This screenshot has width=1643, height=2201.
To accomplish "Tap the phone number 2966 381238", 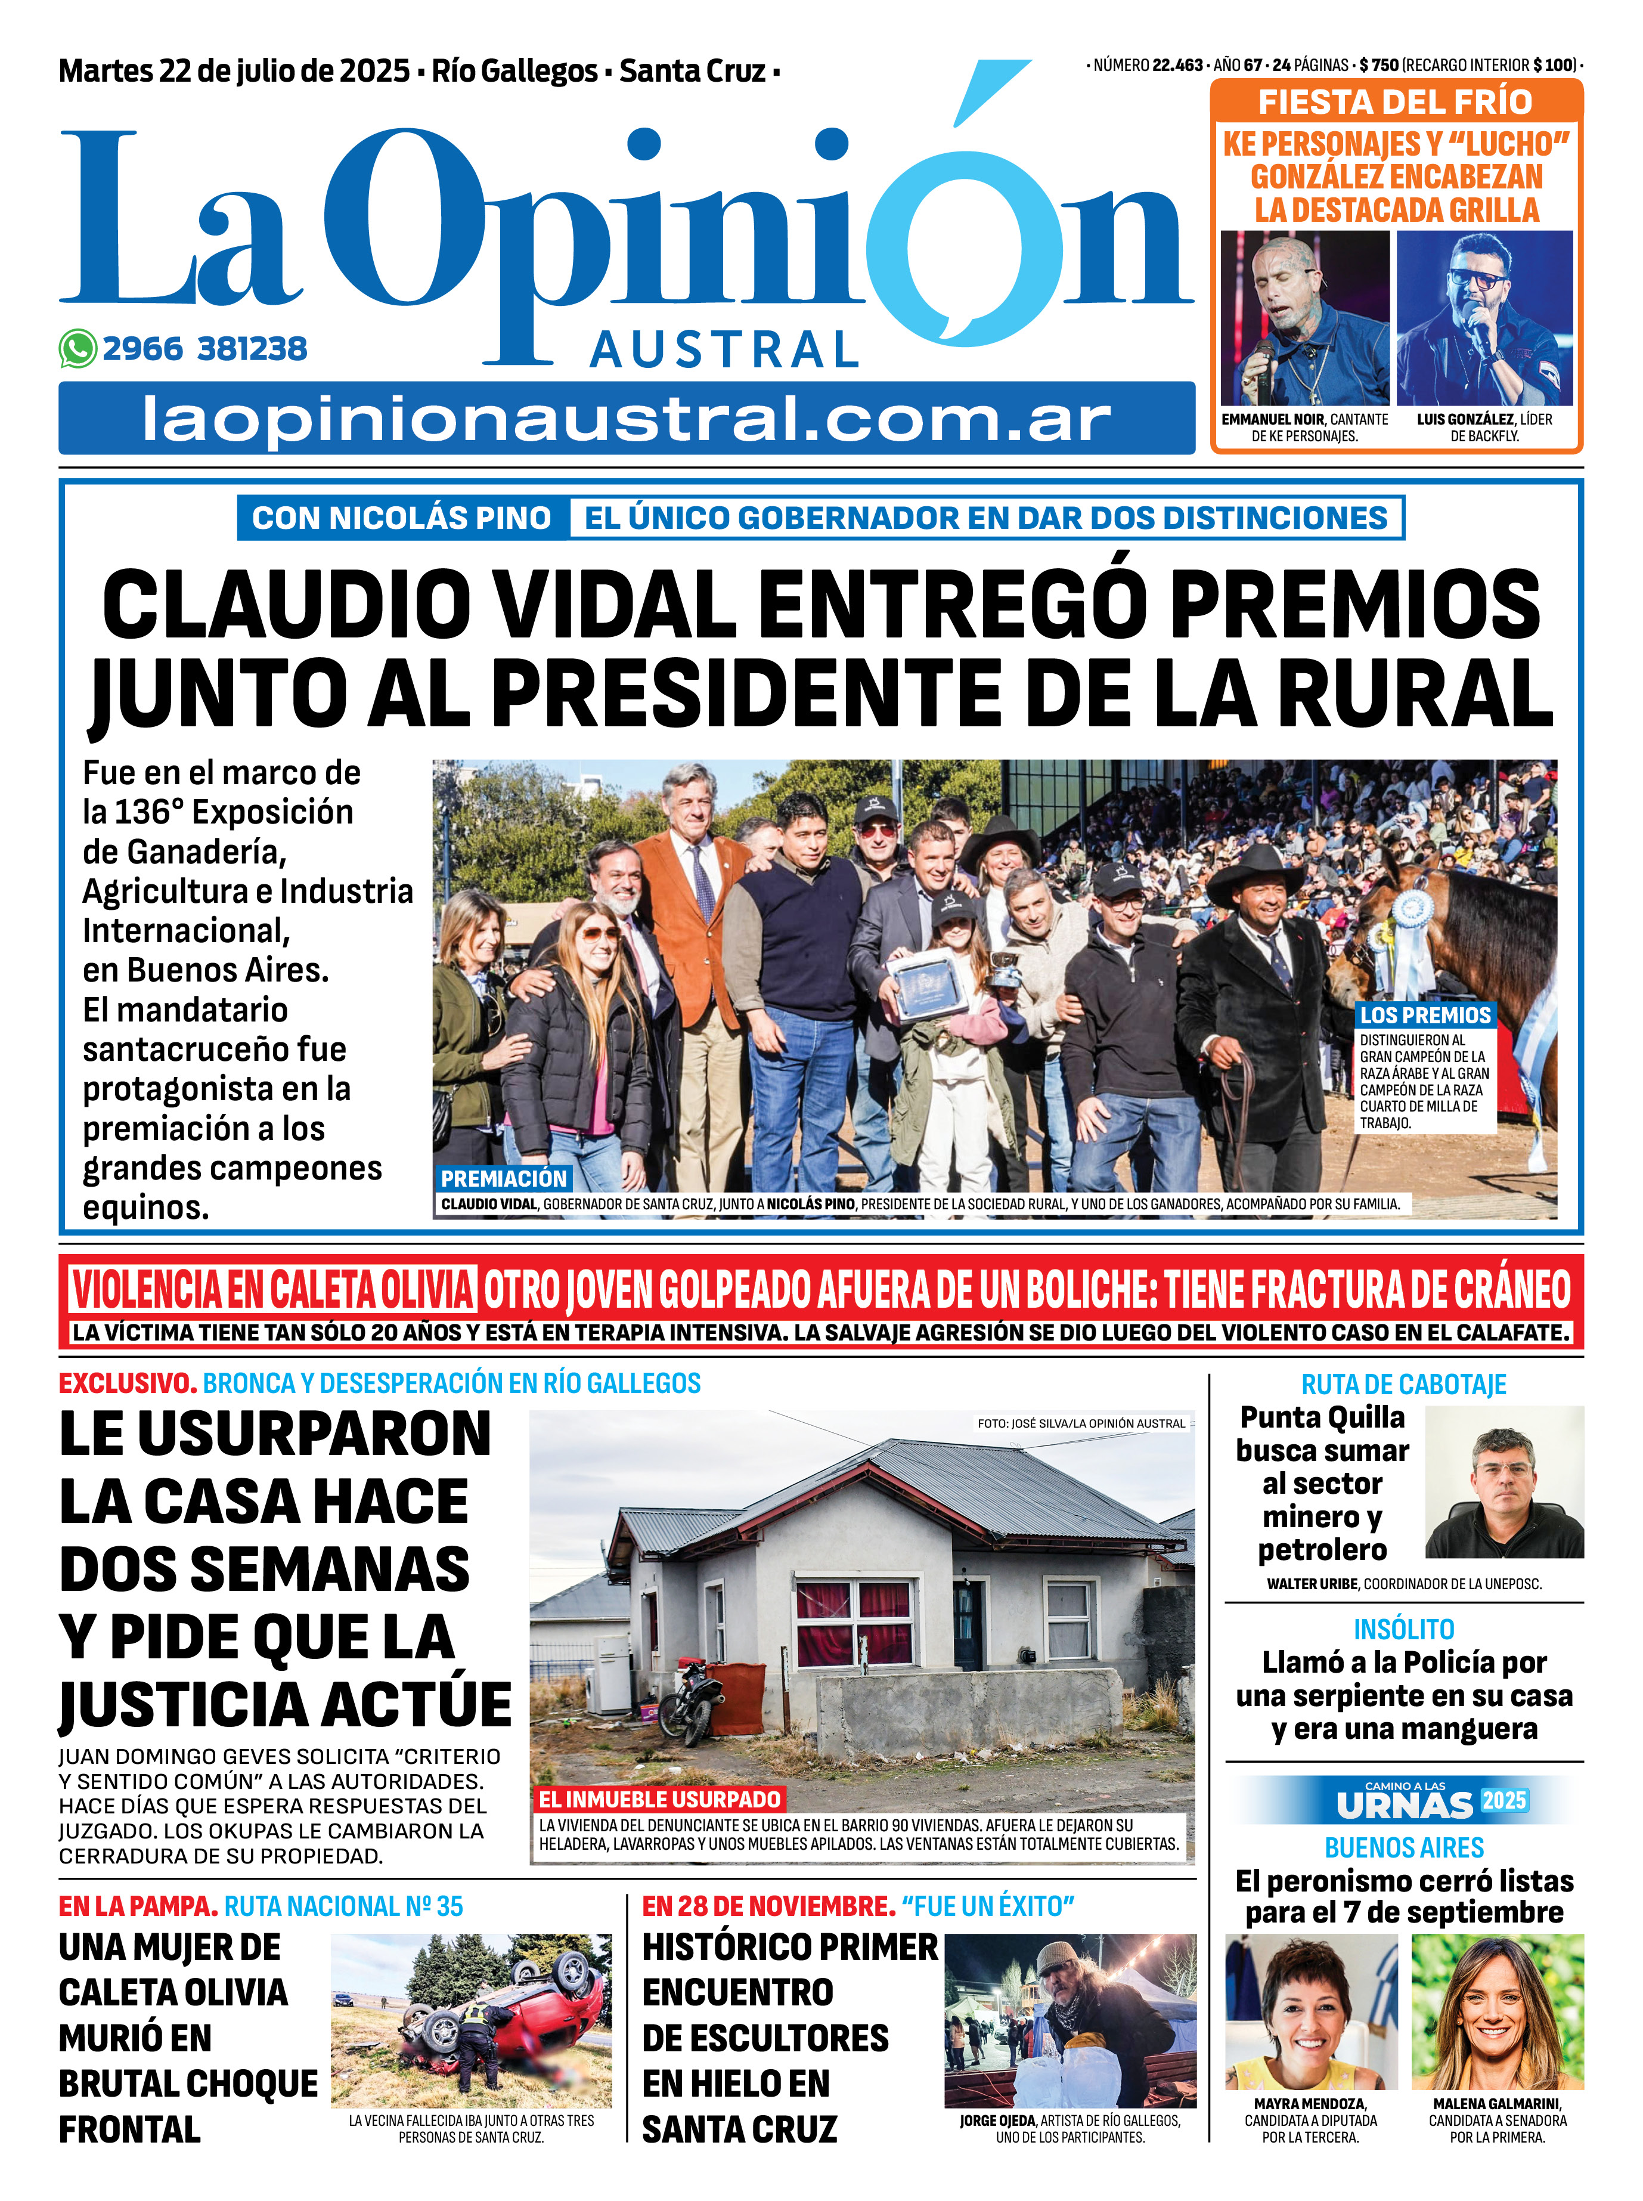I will coord(205,349).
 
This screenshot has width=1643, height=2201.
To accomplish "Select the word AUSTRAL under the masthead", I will coord(724,349).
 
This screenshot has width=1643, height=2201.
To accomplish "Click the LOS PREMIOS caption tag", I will coord(1425,1014).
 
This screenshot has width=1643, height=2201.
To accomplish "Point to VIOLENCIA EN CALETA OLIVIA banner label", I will coord(271,1290).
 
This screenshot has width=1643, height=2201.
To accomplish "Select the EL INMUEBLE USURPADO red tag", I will coord(659,1799).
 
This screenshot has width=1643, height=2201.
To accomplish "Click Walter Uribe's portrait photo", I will coord(1503,1482).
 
